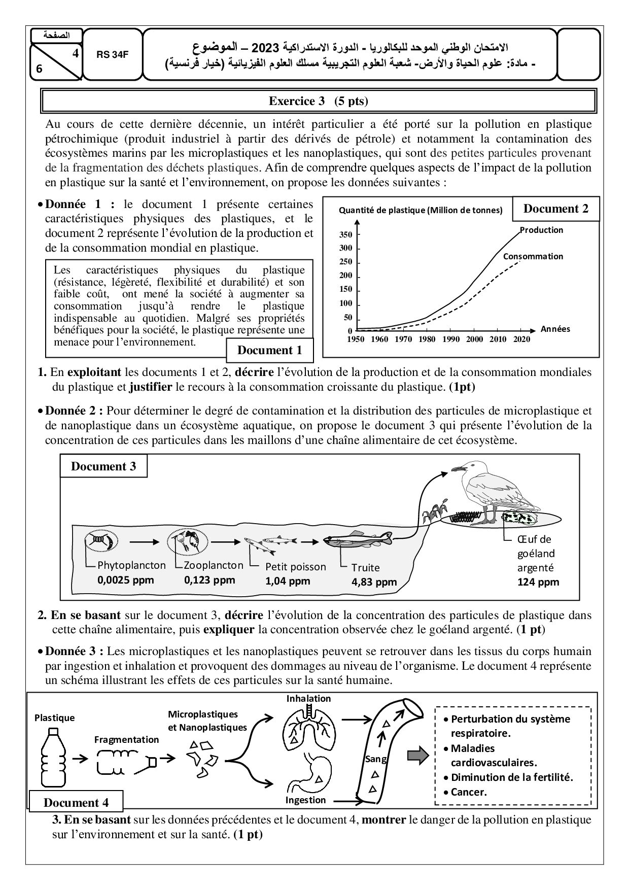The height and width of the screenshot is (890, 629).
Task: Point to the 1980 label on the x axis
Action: [x=427, y=339]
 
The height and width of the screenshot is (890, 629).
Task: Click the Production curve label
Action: [x=541, y=230]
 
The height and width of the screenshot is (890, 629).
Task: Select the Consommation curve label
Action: [x=533, y=256]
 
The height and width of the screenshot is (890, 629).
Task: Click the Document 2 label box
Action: [x=555, y=209]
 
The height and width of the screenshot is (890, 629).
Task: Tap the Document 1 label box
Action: [x=269, y=350]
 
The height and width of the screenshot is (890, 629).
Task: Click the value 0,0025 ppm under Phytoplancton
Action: [x=125, y=579]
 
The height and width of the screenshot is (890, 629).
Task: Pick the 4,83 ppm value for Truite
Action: [x=374, y=581]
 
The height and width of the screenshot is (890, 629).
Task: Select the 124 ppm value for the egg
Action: [x=538, y=581]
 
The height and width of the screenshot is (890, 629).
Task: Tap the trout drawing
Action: [x=358, y=539]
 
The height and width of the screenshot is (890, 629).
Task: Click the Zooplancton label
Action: [x=214, y=565]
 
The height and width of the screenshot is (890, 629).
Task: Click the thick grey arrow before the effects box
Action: [x=417, y=757]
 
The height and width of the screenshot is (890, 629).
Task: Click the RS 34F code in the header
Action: [x=113, y=55]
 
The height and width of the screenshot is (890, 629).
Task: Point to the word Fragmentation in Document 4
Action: [x=126, y=739]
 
